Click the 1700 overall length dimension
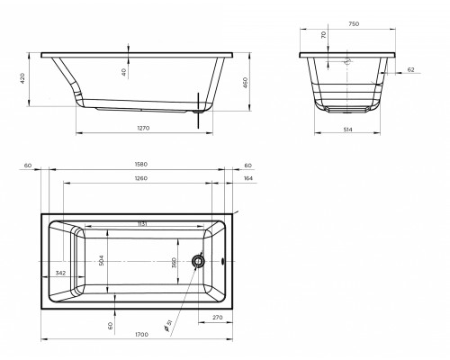click(141, 334)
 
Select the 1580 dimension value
click(141, 165)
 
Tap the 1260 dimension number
click(141, 178)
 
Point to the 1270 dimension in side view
click(143, 128)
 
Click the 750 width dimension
click(354, 24)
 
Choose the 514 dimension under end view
click(347, 130)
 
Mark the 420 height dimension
click(22, 78)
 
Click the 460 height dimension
click(245, 83)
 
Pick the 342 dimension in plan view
click(60, 273)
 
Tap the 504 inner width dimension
click(101, 260)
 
